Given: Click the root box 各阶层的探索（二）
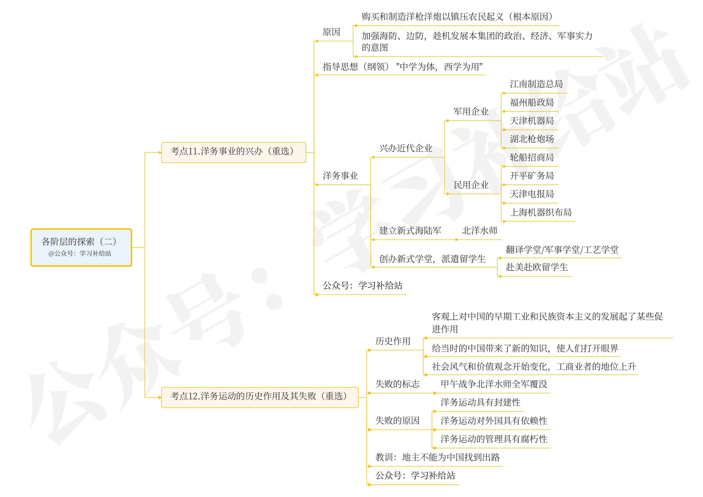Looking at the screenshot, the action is tap(81, 247).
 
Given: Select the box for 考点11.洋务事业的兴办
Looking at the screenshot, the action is tap(233, 152).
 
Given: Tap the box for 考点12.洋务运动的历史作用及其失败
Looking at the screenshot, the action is tap(260, 397).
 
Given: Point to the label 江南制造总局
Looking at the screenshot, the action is tap(536, 84).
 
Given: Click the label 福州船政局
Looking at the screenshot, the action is tap(532, 103).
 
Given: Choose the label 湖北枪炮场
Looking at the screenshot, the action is tap(532, 139).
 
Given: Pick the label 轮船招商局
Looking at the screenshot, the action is tap(532, 157).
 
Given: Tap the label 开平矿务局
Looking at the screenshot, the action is tap(532, 176).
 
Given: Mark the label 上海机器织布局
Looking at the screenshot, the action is tap(540, 212).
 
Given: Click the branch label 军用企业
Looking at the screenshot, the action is tap(471, 112).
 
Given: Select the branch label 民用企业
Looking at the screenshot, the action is tap(471, 185).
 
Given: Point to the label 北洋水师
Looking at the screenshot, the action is tap(480, 231).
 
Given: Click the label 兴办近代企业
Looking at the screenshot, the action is tap(406, 148).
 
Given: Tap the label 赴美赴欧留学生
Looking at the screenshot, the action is tap(536, 267).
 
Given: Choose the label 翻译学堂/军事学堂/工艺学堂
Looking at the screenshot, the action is tap(562, 250).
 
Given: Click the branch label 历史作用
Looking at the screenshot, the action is tap(393, 341).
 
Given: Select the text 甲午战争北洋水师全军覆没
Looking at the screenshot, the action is tap(494, 384).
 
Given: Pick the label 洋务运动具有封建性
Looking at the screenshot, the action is tap(480, 402).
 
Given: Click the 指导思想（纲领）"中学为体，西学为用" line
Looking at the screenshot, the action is tap(402, 67).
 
